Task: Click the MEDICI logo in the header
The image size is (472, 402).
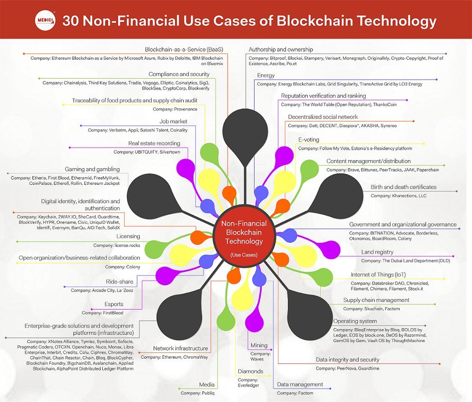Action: click(45, 21)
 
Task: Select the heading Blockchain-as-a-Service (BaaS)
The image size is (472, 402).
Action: click(184, 50)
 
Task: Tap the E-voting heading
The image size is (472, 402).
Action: click(308, 140)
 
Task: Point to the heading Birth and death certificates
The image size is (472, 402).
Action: click(403, 187)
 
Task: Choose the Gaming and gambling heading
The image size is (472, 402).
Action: click(92, 169)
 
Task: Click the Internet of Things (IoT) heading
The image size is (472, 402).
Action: click(379, 275)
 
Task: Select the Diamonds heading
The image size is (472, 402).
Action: click(250, 371)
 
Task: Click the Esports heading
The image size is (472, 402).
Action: click(114, 304)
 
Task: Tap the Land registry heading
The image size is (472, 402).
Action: click(377, 252)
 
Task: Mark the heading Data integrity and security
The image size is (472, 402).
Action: click(347, 360)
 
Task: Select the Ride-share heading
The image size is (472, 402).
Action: click(119, 281)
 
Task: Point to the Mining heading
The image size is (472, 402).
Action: click(259, 345)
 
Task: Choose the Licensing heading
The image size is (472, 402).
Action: click(128, 236)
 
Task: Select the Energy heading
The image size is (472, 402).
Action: click(265, 75)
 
